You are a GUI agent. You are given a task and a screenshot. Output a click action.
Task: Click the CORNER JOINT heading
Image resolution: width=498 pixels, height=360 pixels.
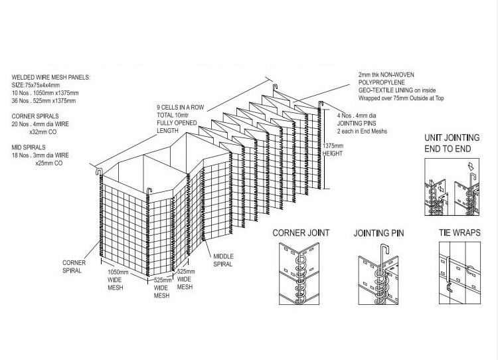[301, 233]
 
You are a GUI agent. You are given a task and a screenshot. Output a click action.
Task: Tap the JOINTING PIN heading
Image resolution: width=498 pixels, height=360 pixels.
[378, 233]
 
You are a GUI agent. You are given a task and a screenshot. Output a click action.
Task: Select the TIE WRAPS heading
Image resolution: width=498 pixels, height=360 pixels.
[459, 232]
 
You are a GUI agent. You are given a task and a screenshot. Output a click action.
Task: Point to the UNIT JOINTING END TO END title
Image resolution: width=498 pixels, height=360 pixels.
[452, 143]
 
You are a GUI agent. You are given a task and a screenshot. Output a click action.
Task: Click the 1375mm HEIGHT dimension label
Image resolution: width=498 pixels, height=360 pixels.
[333, 149]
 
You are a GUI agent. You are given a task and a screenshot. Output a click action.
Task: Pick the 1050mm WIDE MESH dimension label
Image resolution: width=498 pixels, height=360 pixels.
[118, 280]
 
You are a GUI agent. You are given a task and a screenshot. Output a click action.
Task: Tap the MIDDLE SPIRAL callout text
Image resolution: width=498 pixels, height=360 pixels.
[223, 260]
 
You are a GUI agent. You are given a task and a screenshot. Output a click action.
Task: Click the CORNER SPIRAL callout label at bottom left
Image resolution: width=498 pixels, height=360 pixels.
[74, 266]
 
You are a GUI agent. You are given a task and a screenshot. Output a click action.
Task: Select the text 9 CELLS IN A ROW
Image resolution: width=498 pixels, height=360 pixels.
[180, 108]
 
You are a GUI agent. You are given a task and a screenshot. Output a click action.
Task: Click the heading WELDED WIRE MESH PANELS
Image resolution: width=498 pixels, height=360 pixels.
[51, 77]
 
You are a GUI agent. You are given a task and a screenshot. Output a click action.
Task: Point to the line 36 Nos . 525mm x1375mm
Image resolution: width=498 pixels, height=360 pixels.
[44, 101]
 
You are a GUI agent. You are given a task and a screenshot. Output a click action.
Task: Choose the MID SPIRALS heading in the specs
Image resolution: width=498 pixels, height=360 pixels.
[29, 147]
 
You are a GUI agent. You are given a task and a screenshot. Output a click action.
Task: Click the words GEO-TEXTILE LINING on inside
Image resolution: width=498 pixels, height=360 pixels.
[397, 90]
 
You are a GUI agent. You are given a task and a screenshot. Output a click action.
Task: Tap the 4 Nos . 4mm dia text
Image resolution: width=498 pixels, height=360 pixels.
[357, 116]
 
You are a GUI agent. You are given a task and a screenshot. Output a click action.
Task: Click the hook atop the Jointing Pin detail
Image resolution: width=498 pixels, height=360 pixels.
[384, 248]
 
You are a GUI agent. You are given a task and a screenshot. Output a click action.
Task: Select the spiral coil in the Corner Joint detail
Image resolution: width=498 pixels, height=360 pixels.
[300, 276]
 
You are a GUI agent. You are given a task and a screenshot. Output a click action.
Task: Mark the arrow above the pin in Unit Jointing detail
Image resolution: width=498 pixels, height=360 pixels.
[471, 166]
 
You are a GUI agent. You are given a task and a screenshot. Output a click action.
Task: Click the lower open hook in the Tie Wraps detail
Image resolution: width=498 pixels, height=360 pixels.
[449, 287]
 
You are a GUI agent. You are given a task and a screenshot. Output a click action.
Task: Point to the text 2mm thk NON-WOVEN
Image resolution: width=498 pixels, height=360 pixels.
[386, 74]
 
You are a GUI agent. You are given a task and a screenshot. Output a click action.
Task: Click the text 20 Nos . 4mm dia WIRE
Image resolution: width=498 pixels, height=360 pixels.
[41, 124]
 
